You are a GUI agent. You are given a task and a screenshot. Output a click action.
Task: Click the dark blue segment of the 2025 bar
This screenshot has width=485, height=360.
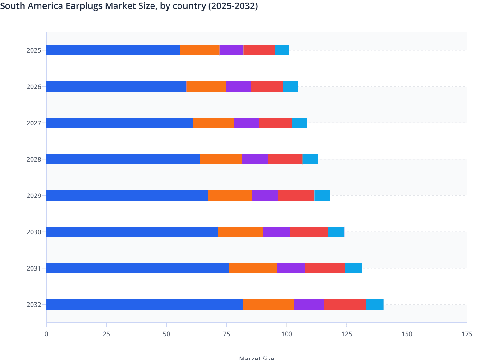pos(113,50)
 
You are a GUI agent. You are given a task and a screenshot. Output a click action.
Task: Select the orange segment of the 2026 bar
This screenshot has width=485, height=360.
pos(206,86)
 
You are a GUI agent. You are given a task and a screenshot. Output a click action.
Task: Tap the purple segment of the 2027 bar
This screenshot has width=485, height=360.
pos(246,123)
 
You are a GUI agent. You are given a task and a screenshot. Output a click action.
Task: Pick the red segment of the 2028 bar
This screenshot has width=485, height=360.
pos(285,159)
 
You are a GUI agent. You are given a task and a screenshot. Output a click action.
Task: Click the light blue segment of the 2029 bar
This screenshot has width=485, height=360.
pos(322,195)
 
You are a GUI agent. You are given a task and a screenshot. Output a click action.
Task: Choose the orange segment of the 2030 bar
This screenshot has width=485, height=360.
pos(240,232)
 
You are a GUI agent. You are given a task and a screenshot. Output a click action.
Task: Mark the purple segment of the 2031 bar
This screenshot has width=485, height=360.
pos(291,268)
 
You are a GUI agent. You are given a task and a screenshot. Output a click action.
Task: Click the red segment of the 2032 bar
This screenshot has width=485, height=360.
pos(345,304)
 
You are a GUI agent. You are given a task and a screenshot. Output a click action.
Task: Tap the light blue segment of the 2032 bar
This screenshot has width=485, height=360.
pos(375,304)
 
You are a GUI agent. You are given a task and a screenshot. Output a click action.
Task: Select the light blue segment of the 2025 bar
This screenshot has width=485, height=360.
pos(282,50)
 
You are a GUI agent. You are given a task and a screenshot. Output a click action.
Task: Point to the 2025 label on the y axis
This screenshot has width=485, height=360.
pos(34,50)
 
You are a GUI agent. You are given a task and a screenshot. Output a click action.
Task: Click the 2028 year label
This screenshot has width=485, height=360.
pos(34,159)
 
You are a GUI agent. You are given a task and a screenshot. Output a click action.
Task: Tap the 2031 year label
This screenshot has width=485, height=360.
pos(34,268)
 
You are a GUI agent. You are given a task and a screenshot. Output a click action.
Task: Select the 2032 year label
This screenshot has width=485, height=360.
pos(34,305)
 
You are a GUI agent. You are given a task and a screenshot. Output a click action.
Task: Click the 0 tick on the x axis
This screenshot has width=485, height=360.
pos(46,334)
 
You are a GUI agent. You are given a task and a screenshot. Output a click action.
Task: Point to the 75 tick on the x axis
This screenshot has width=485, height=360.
pos(226,334)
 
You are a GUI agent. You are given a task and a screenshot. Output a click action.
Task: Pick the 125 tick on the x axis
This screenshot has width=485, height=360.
pos(347,334)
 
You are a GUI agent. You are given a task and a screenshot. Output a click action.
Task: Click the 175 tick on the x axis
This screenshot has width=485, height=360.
pos(467,334)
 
